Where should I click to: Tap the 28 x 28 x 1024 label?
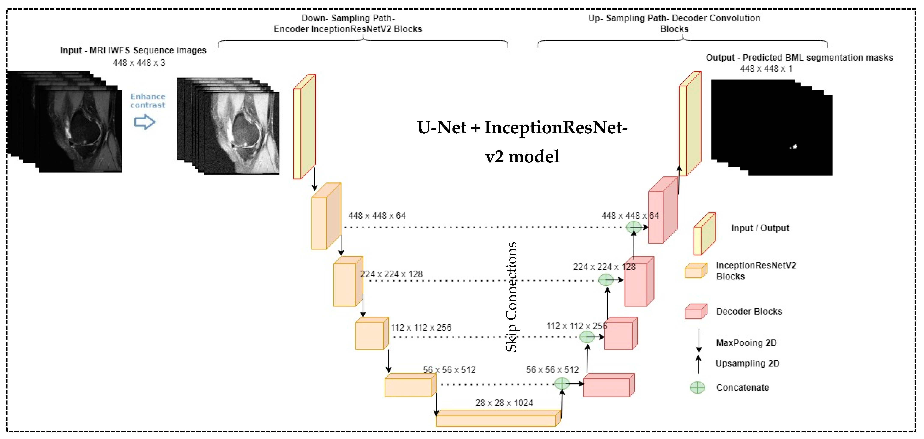(x=504, y=403)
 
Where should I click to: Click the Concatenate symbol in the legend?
(x=697, y=387)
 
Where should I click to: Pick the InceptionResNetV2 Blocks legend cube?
(x=695, y=271)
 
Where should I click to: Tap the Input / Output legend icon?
(x=704, y=234)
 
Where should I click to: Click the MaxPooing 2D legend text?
(x=746, y=343)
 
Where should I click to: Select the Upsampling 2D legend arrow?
(x=698, y=364)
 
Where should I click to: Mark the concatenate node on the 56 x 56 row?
(x=562, y=384)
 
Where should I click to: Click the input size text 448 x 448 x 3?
(x=139, y=63)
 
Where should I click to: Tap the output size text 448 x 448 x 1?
(x=766, y=68)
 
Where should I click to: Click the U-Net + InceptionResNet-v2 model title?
(x=522, y=142)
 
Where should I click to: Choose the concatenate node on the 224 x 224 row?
(x=606, y=280)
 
